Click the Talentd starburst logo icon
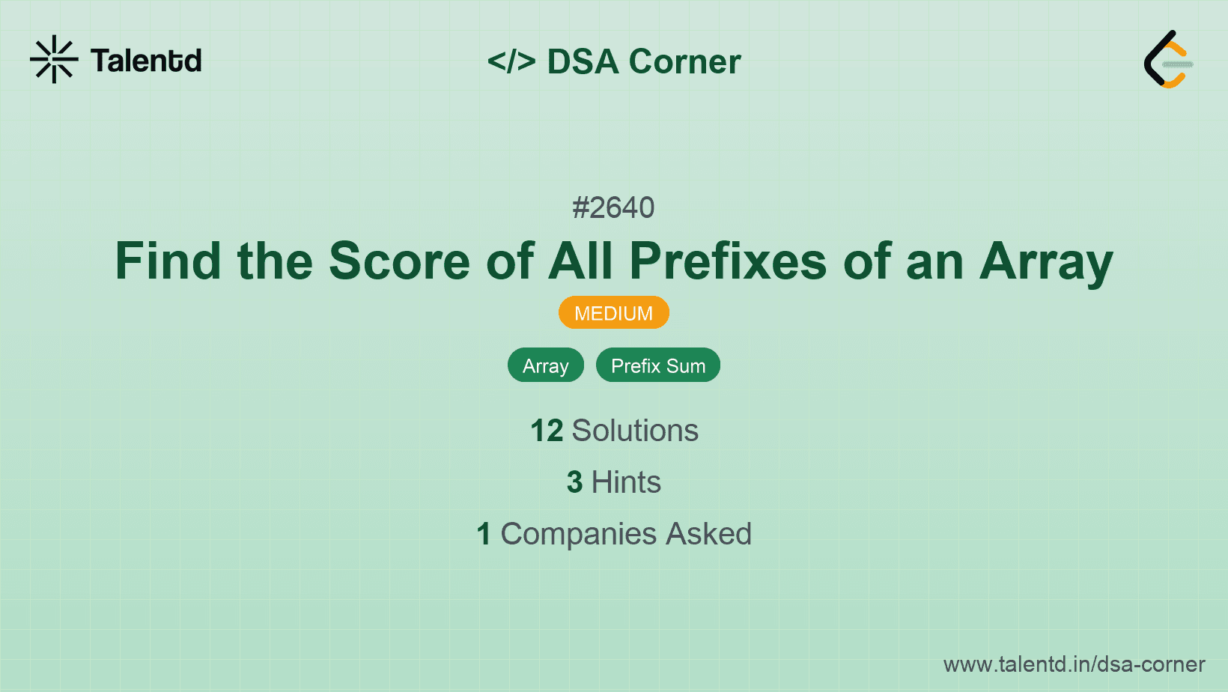tap(54, 59)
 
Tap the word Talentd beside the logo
tap(146, 61)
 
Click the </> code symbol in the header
tap(511, 61)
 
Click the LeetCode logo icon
tap(1167, 59)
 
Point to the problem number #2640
tap(613, 207)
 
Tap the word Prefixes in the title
tap(728, 261)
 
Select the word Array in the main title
tap(1046, 261)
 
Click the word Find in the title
tap(168, 261)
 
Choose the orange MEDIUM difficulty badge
tap(613, 313)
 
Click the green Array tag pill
tap(545, 365)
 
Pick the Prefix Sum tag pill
tap(657, 365)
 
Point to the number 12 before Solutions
tap(547, 431)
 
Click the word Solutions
tap(635, 431)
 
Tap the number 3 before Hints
tap(574, 482)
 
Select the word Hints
tap(626, 482)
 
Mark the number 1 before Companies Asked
tap(484, 534)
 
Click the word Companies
tap(578, 534)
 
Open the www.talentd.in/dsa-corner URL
tap(1074, 664)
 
